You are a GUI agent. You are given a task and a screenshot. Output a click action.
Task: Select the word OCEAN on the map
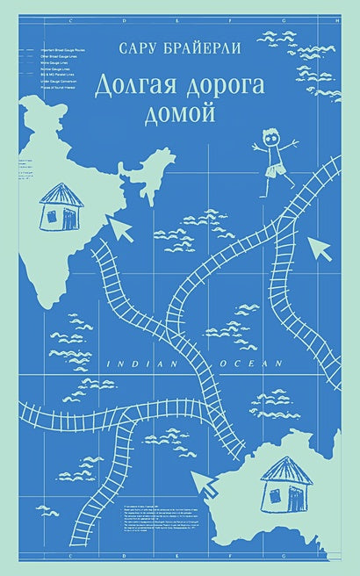point(256,362)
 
